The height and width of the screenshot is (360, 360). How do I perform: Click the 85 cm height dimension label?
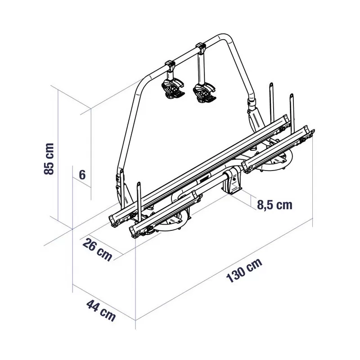tap(49, 158)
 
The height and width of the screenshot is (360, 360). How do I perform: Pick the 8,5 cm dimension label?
tap(274, 205)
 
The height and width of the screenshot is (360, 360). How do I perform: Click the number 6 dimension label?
tap(82, 175)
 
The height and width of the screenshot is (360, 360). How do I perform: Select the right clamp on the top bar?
tap(201, 47)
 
